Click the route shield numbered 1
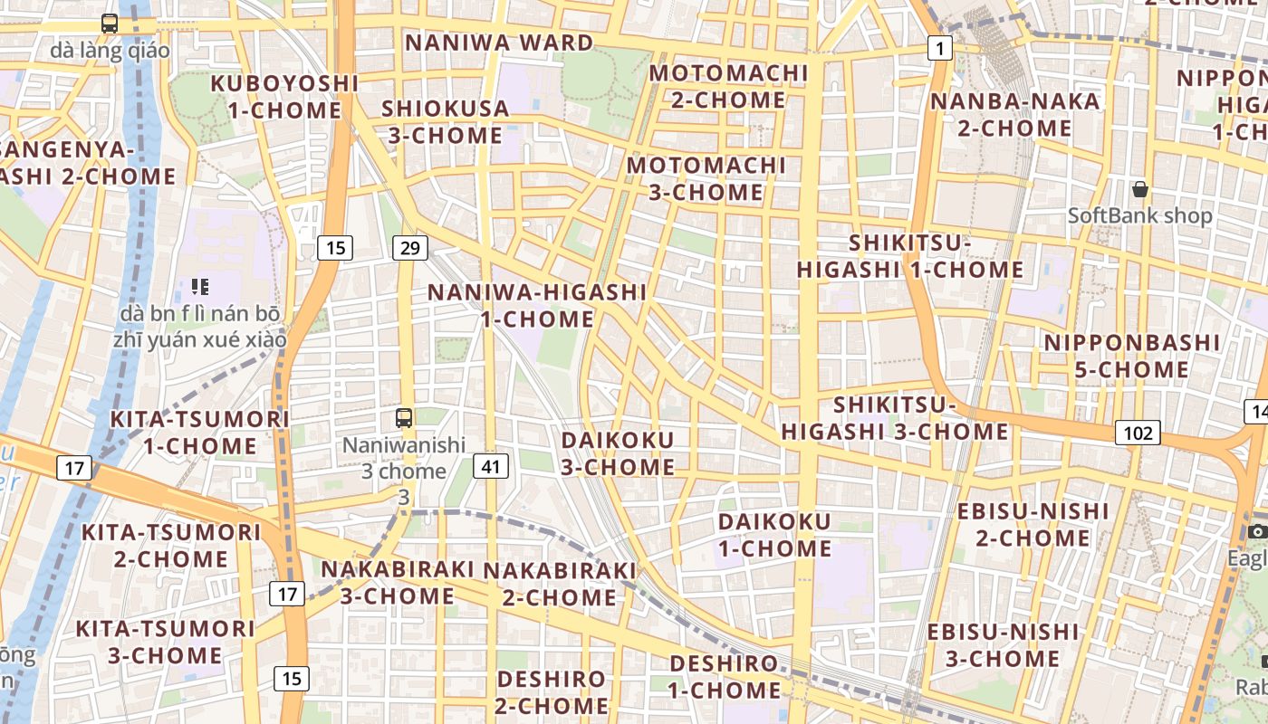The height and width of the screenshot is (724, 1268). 940,48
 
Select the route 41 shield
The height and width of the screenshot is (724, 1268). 491,466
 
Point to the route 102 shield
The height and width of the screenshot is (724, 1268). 1137,433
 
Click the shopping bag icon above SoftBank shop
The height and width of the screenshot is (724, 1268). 1140,189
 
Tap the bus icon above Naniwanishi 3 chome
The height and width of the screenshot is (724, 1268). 404,417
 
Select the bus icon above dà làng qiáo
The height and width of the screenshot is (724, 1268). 110,24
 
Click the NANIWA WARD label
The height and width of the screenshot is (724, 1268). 499,43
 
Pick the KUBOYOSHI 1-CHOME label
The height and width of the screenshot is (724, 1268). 284,97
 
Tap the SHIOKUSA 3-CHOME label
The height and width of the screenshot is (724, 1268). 446,121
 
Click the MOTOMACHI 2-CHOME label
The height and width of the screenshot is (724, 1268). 728,86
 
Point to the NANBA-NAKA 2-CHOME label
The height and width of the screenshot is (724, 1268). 1014,114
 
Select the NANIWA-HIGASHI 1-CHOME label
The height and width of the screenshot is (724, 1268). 537,306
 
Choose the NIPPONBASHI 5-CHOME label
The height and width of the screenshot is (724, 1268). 1132,356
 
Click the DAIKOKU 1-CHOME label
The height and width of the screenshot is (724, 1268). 774,535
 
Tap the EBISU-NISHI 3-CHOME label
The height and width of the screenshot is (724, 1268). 1003,644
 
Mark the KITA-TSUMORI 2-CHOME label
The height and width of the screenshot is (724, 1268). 171,545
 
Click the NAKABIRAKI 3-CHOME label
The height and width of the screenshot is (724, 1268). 398,582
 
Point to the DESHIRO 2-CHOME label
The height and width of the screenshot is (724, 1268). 552,691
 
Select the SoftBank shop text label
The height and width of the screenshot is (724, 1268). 1139,215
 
